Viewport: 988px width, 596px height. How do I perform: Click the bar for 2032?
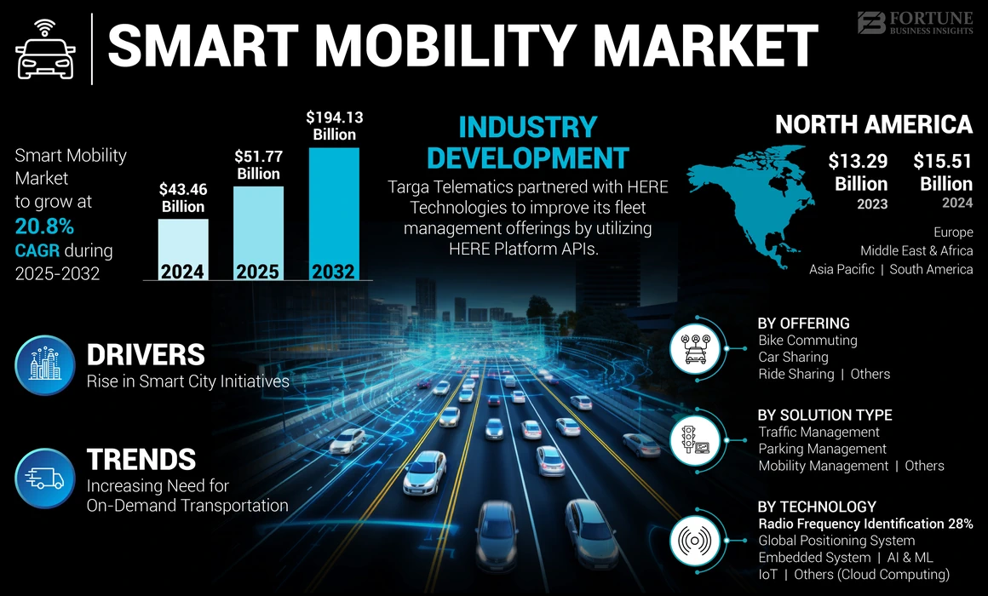click(333, 213)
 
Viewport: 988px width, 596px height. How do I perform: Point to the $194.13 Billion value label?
click(333, 125)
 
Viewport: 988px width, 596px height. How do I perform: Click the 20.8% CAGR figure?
click(44, 226)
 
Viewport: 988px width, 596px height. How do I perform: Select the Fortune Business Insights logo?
click(915, 23)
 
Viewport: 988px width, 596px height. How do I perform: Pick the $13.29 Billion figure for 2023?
click(860, 173)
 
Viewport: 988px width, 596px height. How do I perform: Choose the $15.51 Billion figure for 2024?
click(942, 173)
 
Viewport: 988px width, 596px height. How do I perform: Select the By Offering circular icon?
click(697, 347)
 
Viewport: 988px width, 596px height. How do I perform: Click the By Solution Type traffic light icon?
click(697, 440)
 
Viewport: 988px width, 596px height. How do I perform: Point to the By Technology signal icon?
click(697, 540)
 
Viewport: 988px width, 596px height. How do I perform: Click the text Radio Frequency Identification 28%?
click(865, 524)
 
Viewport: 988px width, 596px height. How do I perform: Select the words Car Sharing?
click(793, 357)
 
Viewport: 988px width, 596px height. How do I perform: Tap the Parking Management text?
click(822, 449)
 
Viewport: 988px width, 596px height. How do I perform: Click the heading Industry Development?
click(527, 142)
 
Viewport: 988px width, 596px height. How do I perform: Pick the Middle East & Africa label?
click(916, 250)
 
